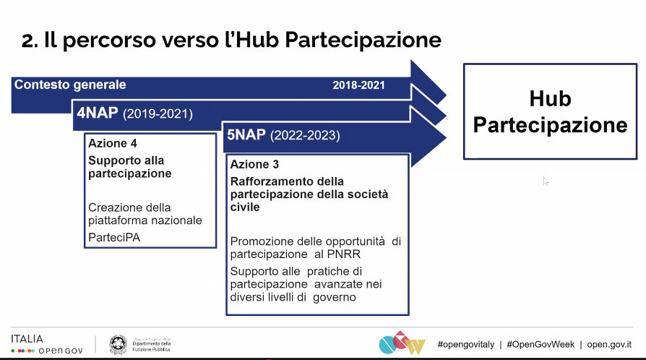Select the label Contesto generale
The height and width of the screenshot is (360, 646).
[x=70, y=85]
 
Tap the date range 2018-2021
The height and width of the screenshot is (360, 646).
[x=358, y=85]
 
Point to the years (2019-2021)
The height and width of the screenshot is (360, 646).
[x=158, y=114]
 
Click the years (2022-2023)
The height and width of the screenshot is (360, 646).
[x=304, y=136]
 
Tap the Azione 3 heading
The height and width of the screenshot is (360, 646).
[x=254, y=164]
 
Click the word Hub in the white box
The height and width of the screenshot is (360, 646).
[x=550, y=98]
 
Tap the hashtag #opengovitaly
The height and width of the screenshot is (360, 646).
[x=466, y=345]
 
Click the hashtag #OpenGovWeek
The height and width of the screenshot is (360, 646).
[x=540, y=345]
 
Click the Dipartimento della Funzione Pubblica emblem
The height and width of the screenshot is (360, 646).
[x=118, y=345]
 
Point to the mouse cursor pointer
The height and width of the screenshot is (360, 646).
[x=546, y=181]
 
